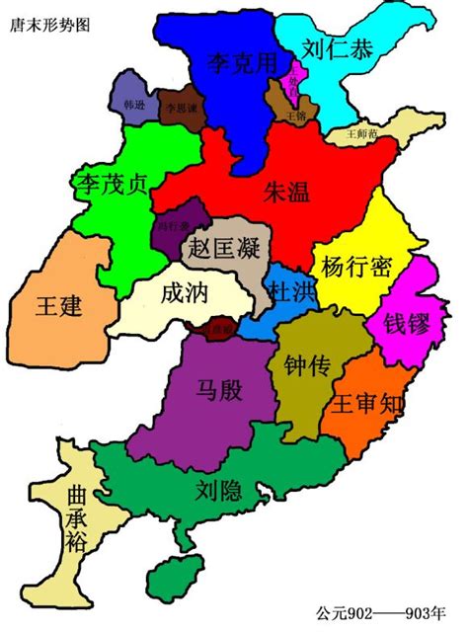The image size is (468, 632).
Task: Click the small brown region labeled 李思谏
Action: tap(181, 107)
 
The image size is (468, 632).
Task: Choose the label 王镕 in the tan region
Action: tap(296, 116)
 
